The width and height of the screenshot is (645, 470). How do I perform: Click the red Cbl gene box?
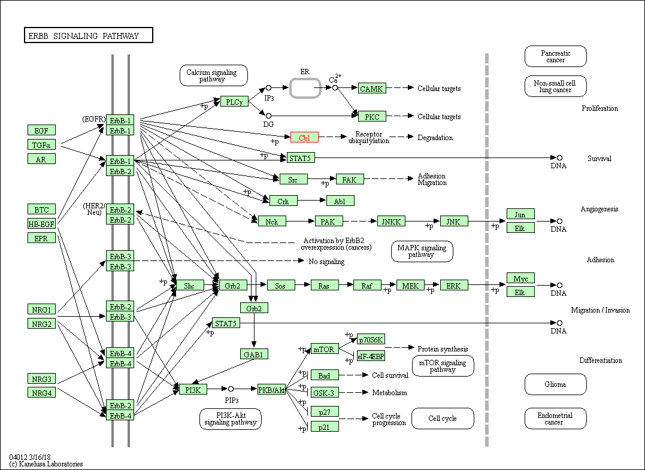click(304, 137)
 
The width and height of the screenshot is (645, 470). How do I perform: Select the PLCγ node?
click(234, 101)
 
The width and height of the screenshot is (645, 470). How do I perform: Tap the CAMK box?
click(372, 89)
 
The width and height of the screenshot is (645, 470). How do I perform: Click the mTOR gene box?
click(324, 348)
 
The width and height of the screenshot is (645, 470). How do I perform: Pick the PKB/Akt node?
click(271, 389)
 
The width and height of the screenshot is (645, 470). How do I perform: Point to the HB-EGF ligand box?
click(42, 224)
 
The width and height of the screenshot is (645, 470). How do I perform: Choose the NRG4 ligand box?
click(42, 393)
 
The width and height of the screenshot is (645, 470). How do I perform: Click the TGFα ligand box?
click(42, 144)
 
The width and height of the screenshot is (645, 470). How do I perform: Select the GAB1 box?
click(254, 354)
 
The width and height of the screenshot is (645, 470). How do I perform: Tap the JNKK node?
click(391, 222)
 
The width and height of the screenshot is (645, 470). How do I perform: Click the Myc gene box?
click(520, 278)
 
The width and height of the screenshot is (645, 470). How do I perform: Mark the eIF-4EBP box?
click(371, 356)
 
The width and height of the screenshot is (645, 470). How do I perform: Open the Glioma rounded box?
click(555, 384)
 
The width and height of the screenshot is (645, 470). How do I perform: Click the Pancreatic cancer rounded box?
click(555, 56)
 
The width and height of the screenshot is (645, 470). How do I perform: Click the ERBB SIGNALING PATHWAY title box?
click(88, 36)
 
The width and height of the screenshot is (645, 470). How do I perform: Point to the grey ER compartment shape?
click(305, 87)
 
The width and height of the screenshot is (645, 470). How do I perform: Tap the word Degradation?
click(435, 137)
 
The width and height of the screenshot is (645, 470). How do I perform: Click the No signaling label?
click(326, 262)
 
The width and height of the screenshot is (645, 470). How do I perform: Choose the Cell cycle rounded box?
click(443, 419)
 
